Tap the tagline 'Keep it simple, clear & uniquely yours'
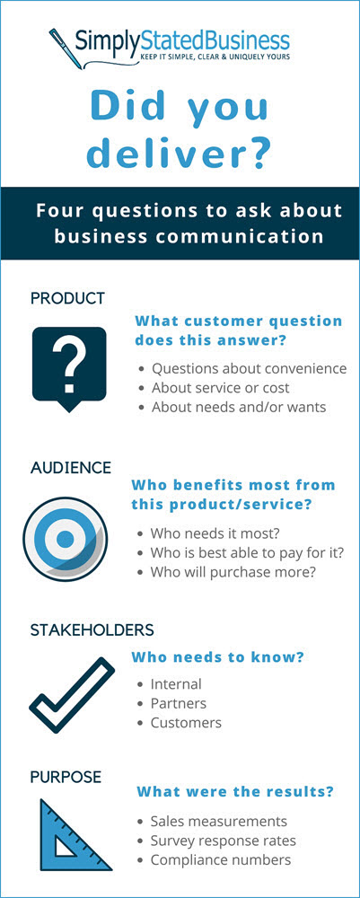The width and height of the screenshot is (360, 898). [215, 56]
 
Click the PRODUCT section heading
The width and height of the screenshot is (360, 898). [67, 298]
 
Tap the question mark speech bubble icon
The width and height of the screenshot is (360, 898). [69, 369]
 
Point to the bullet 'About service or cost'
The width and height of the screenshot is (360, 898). [220, 388]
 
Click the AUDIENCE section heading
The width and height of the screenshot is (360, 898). [71, 468]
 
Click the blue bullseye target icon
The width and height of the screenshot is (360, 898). [65, 538]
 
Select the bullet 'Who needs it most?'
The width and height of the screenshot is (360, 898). [215, 533]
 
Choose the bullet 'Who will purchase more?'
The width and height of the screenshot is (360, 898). [233, 572]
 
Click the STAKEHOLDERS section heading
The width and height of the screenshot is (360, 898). [92, 630]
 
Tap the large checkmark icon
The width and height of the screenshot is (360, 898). [72, 695]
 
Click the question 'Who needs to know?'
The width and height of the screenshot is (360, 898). [217, 657]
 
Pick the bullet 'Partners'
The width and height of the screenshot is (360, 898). [178, 703]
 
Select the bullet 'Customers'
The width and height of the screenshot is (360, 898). [186, 723]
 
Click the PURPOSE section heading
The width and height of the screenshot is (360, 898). [66, 777]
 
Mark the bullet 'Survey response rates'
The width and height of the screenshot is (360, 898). [224, 841]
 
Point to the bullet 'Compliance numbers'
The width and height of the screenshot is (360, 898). [220, 860]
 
